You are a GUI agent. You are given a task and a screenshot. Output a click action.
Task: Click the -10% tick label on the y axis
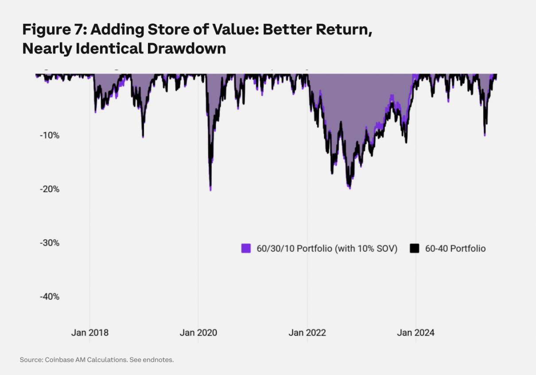click(x=50, y=135)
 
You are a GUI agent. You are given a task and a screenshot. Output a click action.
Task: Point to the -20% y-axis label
click(x=50, y=189)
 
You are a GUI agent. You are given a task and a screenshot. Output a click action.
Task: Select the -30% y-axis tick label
click(x=50, y=243)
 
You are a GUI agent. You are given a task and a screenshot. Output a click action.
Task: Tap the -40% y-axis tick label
click(x=50, y=297)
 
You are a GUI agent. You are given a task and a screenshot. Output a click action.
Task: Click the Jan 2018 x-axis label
click(x=89, y=333)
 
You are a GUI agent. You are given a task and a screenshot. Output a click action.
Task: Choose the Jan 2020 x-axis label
click(x=198, y=333)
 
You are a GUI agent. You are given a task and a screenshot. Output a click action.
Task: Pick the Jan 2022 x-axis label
click(x=307, y=333)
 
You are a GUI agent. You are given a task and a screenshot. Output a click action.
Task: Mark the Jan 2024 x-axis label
click(x=416, y=333)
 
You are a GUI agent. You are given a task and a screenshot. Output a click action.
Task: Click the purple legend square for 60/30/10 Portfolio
click(x=246, y=249)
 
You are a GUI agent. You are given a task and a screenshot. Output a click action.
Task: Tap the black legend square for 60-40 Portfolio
click(x=414, y=249)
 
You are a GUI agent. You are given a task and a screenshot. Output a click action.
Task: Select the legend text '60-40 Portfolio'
click(x=455, y=249)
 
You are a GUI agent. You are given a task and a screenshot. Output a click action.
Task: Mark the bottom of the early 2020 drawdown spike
click(x=210, y=190)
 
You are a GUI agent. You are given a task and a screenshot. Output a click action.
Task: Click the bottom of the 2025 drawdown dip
click(x=485, y=135)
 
